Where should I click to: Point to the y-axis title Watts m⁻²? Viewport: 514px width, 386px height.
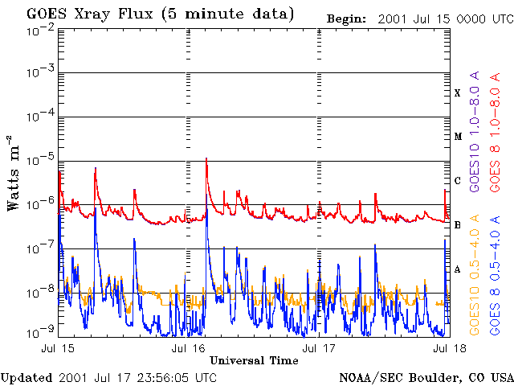tap(14, 172)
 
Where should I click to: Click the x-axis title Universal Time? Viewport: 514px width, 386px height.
tap(254, 360)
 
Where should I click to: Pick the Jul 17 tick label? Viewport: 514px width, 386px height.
tap(319, 348)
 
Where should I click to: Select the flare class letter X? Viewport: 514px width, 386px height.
tap(458, 93)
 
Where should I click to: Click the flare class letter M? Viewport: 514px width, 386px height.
tap(458, 137)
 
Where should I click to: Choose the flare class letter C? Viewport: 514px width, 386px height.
tap(458, 181)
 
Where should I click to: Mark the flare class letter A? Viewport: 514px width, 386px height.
tap(458, 269)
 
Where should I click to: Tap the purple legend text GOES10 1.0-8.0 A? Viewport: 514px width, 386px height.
tap(475, 141)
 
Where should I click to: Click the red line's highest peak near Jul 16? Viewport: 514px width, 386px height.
tap(207, 159)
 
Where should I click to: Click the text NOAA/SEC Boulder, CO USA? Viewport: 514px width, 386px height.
tap(426, 376)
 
